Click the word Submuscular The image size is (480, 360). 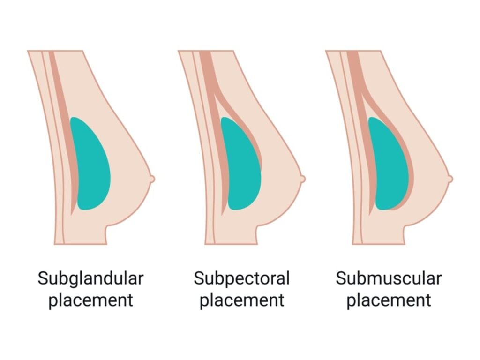(389, 278)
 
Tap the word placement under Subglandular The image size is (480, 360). (90, 300)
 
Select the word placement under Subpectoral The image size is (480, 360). (241, 300)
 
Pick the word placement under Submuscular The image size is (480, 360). (389, 300)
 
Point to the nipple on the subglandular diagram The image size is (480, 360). (152, 179)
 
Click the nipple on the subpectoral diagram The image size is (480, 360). (303, 179)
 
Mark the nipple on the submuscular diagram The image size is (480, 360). (450, 179)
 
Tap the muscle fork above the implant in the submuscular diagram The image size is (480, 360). (361, 91)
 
